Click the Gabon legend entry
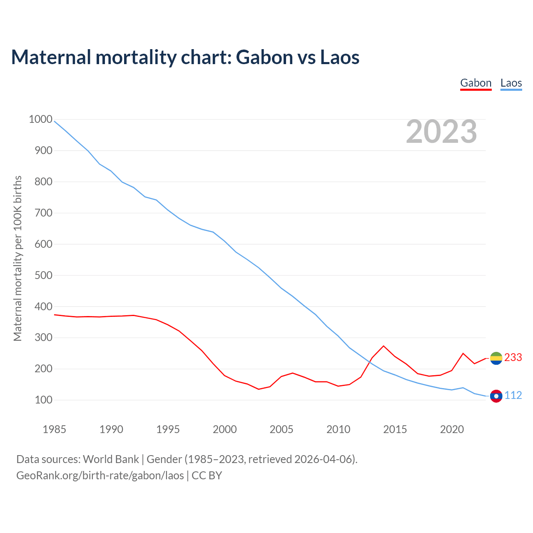tap(476, 83)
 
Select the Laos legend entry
tap(511, 83)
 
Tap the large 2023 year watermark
tap(441, 132)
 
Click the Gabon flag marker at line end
tap(496, 358)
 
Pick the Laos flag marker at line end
tap(496, 396)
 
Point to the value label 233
tap(513, 358)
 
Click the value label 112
tap(513, 396)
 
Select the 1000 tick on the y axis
tap(40, 120)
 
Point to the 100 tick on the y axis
tap(43, 400)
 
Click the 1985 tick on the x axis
tap(55, 429)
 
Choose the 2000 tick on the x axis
tap(225, 429)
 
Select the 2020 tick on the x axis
tap(452, 429)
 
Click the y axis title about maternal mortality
tap(17, 258)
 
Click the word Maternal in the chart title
tap(51, 57)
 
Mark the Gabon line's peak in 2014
tap(384, 346)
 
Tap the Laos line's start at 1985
tap(55, 121)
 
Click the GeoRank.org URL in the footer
tap(100, 475)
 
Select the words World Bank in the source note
tap(111, 459)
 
